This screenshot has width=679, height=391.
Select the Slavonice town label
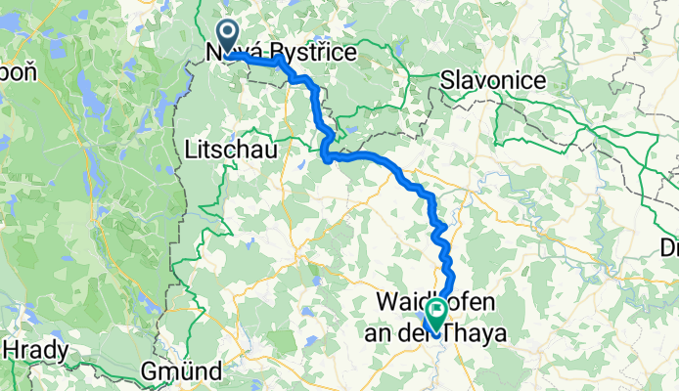coord(486,78)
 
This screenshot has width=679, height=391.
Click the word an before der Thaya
coord(387,332)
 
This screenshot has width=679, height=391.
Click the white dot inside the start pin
coord(227,33)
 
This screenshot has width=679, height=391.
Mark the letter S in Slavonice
coord(449,78)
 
